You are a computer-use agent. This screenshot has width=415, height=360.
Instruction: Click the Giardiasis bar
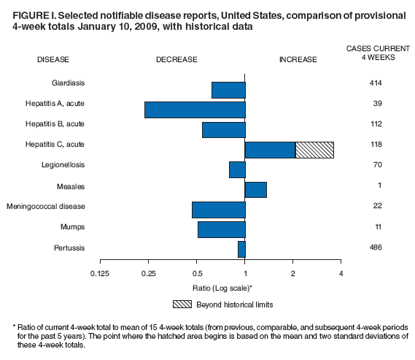pos(228,90)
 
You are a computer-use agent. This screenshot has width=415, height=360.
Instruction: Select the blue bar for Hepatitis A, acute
pos(195,110)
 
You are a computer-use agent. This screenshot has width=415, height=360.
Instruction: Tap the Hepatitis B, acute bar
pos(223,130)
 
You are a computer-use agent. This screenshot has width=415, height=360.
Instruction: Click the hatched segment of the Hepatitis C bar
pos(314,150)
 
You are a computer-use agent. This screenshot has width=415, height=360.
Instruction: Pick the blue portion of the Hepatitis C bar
pos(270,150)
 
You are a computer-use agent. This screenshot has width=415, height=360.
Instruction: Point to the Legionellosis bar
pos(237,169)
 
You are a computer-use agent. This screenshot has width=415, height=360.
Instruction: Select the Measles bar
pos(256,190)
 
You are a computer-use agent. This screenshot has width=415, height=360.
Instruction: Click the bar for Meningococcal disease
pos(218,210)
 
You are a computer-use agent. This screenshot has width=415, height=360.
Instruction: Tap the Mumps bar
pos(221,229)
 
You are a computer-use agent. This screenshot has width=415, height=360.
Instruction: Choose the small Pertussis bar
pos(241,249)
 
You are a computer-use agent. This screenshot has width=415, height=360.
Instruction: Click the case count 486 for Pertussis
pos(376,248)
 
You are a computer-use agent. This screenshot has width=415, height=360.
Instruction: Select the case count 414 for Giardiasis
pos(376,83)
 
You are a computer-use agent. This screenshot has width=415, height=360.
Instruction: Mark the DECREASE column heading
pos(177,60)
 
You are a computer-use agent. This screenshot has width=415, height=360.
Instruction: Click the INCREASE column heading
pos(298,60)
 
